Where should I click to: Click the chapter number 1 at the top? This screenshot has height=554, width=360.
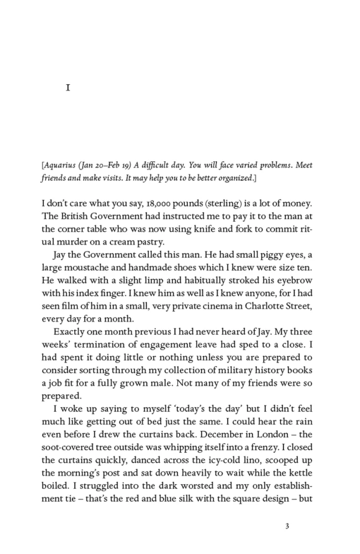click(68, 88)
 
